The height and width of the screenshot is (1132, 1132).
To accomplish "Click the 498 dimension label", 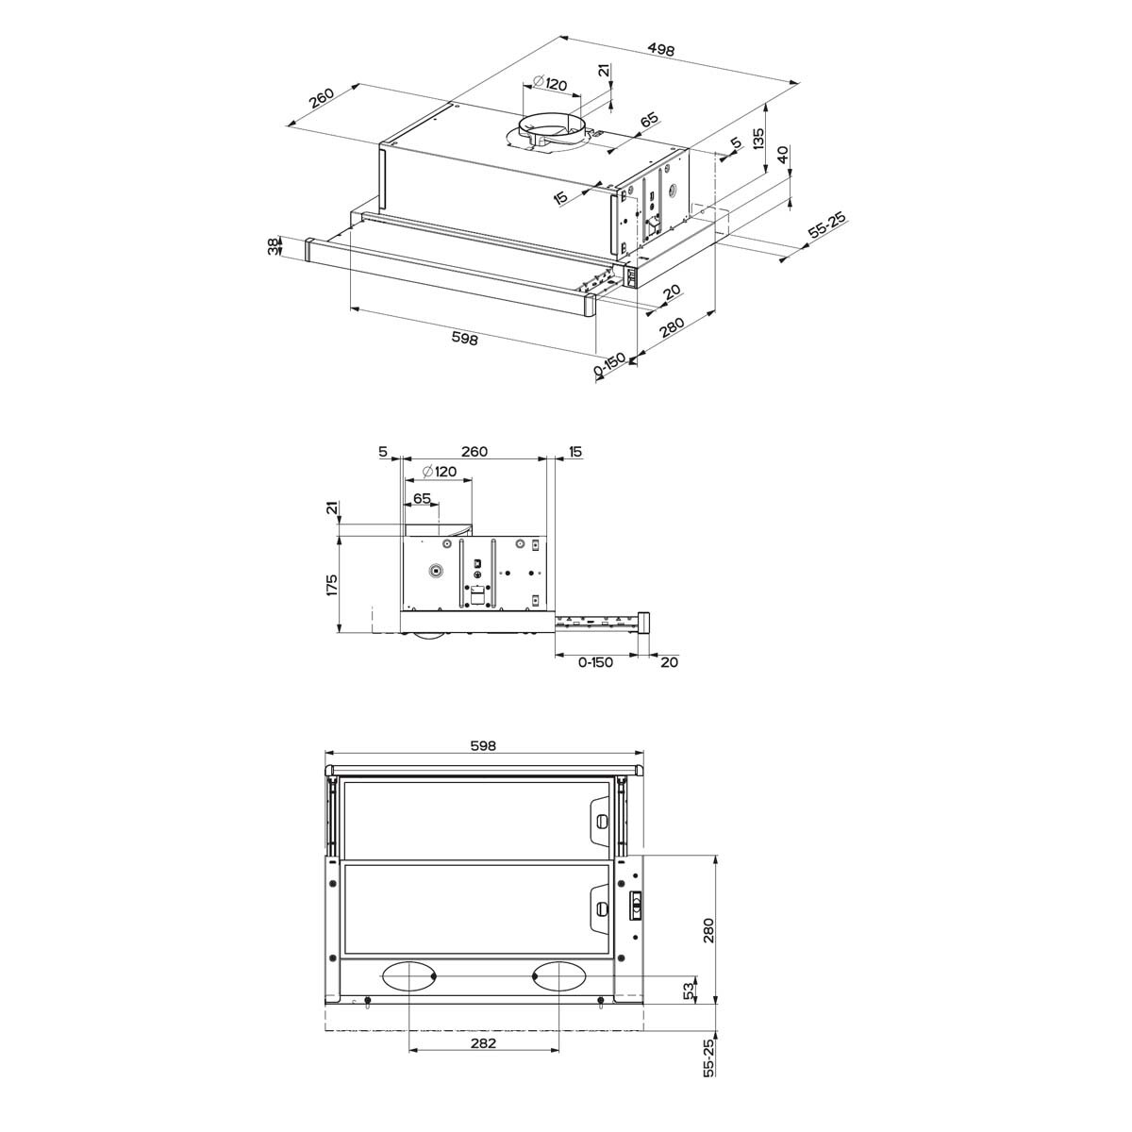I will tap(661, 52).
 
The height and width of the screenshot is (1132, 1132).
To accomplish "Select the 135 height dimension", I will tap(757, 139).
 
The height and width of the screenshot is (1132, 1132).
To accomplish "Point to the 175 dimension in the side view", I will tap(331, 585).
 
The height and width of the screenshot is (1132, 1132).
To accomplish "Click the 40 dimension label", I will tap(784, 156).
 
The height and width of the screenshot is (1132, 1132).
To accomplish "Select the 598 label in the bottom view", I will tap(482, 745).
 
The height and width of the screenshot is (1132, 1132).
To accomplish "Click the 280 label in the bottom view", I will tap(708, 930).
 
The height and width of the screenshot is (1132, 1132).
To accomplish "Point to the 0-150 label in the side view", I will tap(595, 662).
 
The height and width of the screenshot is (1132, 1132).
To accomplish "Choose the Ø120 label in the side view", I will tap(440, 471).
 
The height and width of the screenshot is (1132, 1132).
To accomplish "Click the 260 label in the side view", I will tap(474, 452).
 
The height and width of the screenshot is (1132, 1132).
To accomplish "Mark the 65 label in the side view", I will tap(422, 498).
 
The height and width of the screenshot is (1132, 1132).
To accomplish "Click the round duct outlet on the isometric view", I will tap(549, 127).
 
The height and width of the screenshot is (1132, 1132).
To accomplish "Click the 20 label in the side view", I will tap(669, 662).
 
